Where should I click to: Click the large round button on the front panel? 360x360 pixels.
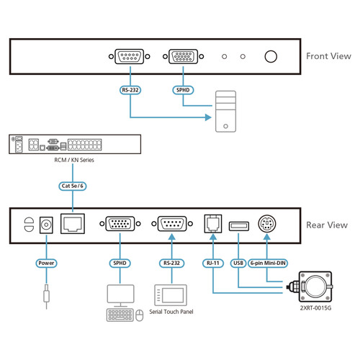[x=272, y=57]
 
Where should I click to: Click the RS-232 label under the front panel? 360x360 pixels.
[x=130, y=91]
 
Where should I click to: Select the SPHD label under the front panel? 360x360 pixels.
[x=184, y=91]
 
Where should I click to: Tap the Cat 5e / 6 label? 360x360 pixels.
[x=73, y=186]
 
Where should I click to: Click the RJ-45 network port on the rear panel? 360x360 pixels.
[x=73, y=225]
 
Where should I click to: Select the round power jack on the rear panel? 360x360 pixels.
[x=48, y=225]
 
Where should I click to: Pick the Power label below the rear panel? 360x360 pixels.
[x=47, y=264]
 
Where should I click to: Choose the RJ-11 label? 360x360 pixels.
[x=214, y=264]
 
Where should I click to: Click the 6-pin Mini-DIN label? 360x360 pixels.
[x=269, y=264]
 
